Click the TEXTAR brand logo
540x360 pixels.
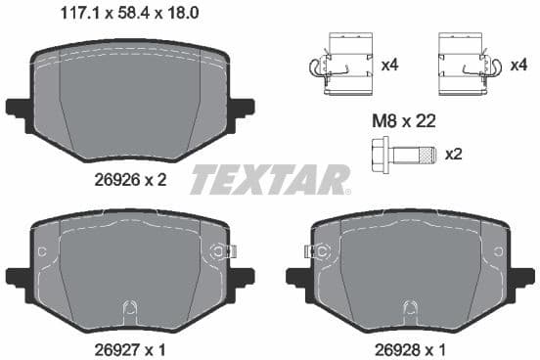pyautogui.click(x=270, y=179)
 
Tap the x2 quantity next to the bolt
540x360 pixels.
pyautogui.click(x=453, y=155)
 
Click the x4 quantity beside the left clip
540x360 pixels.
pyautogui.click(x=389, y=66)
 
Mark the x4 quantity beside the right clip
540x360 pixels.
pyautogui.click(x=519, y=66)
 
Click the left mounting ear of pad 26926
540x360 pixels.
pyautogui.click(x=20, y=107)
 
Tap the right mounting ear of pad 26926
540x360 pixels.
pyautogui.click(x=241, y=107)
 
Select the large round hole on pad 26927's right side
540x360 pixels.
pyautogui.click(x=216, y=252)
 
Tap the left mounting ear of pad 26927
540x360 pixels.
pyautogui.click(x=20, y=275)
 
